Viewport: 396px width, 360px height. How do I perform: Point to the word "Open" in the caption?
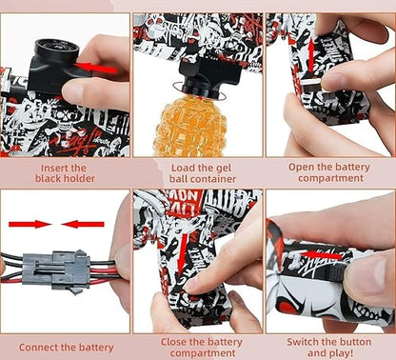pyautogui.click(x=303, y=166)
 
